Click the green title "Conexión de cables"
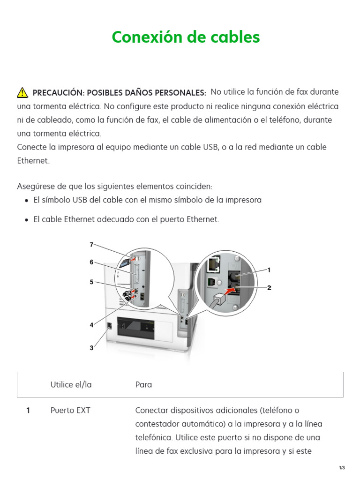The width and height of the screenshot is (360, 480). coord(186,37)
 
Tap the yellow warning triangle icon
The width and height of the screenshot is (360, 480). coord(22,92)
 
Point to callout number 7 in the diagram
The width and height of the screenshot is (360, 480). coord(92,244)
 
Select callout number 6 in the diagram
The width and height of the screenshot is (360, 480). coord(92,262)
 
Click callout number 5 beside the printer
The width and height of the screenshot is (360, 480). coord(92,282)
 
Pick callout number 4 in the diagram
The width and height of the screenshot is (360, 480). coord(92,324)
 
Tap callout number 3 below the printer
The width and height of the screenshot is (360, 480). coord(92,348)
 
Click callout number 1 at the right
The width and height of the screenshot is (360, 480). coord(269,270)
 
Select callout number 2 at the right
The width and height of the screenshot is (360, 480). coord(269,288)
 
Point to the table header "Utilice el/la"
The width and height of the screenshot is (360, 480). coord(71,385)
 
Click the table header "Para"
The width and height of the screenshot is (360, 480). coord(143,385)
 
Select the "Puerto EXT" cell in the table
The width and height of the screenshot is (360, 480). coord(70,411)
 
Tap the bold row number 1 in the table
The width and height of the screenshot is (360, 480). coord(28,411)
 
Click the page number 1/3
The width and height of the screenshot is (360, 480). coord(342,468)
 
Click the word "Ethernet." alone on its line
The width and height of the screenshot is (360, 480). coord(33,161)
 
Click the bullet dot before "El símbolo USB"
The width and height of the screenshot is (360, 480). coord(26,201)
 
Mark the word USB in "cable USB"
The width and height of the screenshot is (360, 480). coord(210,147)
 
